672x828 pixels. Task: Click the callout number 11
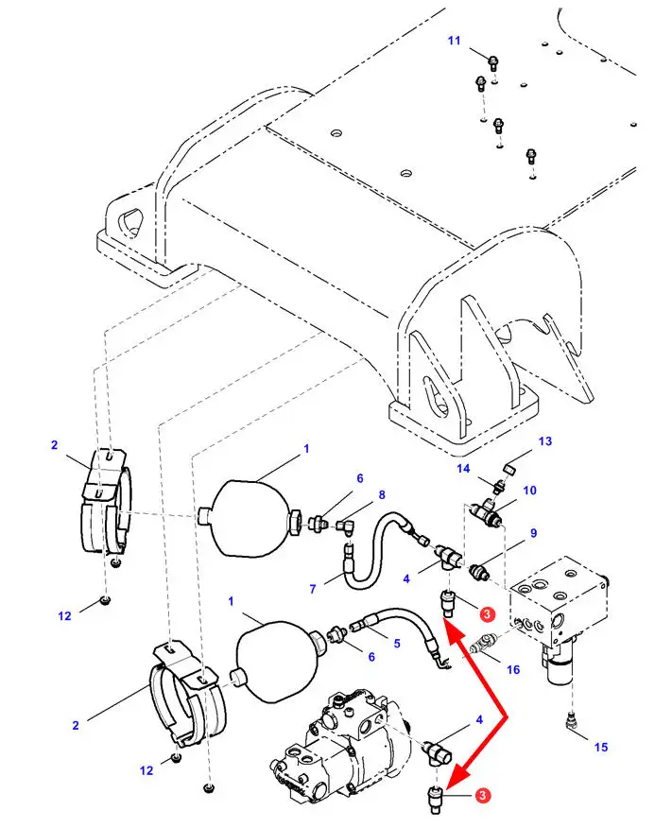coord(454,41)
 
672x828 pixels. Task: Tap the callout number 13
coord(544,440)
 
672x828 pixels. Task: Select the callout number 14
coord(463,469)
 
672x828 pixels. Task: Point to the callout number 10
coord(529,490)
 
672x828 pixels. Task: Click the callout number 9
coord(533,533)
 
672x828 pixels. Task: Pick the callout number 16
coord(513,669)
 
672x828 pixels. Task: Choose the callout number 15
coord(601,747)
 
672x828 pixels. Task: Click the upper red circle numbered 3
coord(487,613)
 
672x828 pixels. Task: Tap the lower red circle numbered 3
coord(482,795)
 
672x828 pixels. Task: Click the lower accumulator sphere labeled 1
coord(276,664)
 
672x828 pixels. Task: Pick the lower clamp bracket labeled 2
coord(186,695)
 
